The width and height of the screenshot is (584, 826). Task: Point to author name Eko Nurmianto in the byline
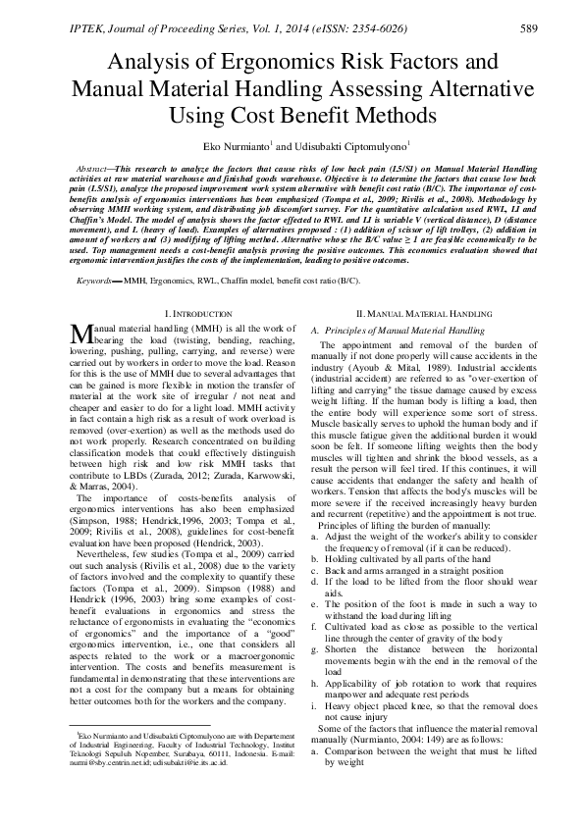click(234, 146)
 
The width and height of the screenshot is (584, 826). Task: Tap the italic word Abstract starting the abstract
click(94, 170)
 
